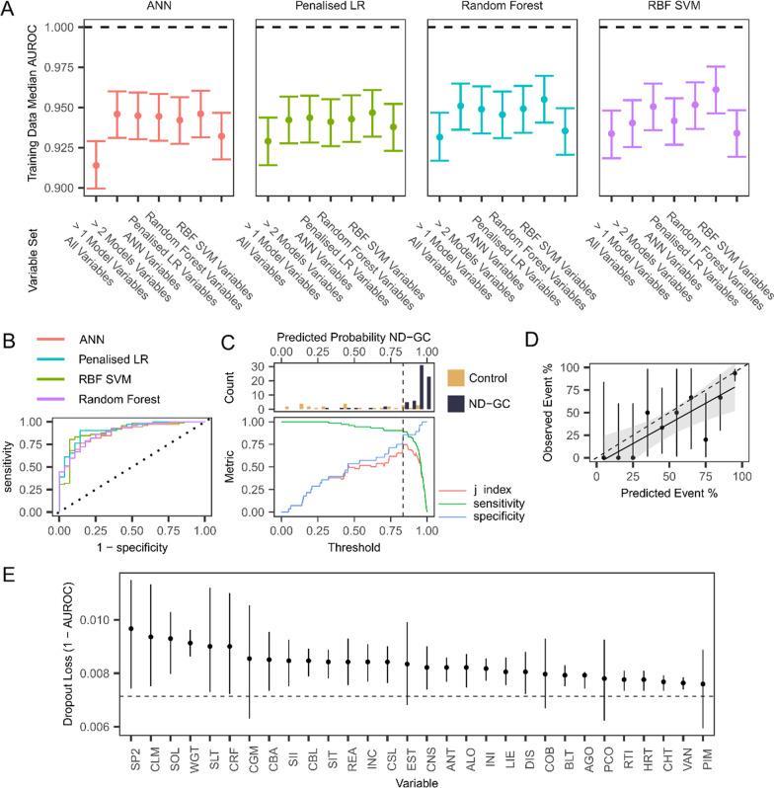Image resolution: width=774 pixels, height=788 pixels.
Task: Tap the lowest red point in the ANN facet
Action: (x=94, y=165)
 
